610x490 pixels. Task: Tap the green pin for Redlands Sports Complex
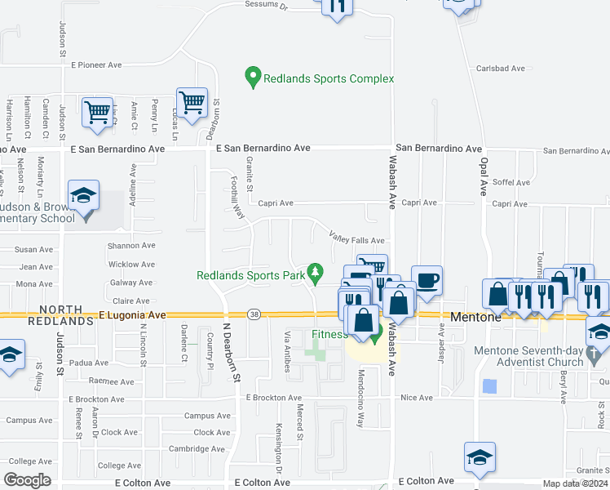pyautogui.click(x=253, y=78)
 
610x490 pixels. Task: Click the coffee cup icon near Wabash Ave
pyautogui.click(x=427, y=282)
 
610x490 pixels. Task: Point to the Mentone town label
pyautogui.click(x=475, y=316)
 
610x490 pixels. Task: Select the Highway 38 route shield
pyautogui.click(x=254, y=315)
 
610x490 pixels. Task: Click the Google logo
pyautogui.click(x=28, y=480)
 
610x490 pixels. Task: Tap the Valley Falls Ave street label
pyautogui.click(x=356, y=238)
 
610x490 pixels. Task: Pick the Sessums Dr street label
pyautogui.click(x=267, y=5)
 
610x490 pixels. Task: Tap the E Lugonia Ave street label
pyautogui.click(x=132, y=314)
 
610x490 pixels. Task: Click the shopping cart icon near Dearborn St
pyautogui.click(x=192, y=103)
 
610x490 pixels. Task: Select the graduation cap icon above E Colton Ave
pyautogui.click(x=480, y=458)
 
